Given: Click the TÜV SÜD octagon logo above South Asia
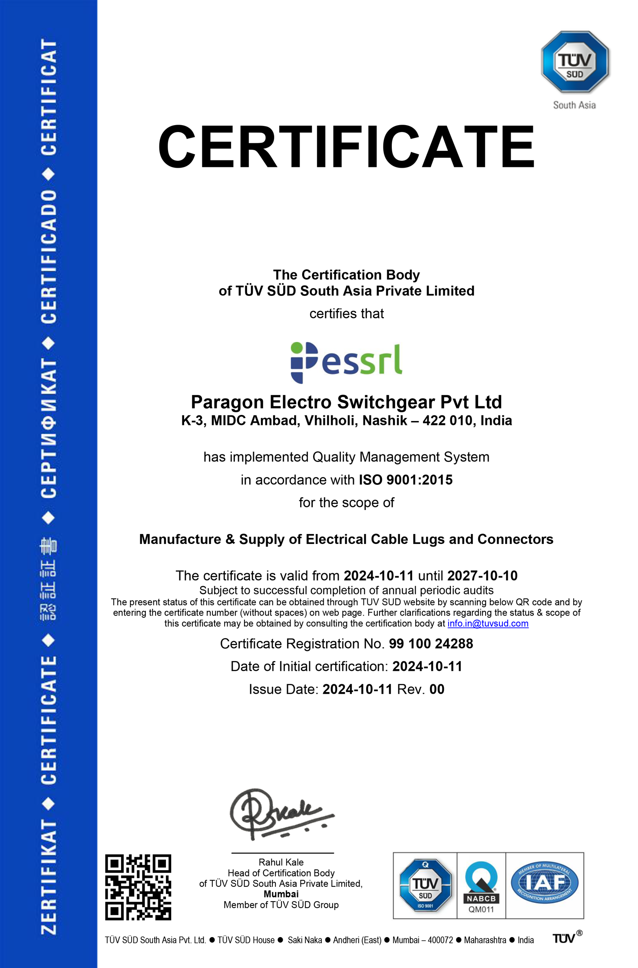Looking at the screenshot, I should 575,62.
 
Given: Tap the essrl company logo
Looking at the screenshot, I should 346,362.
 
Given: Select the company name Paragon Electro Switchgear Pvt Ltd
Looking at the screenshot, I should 346,402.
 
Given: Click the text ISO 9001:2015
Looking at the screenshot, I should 406,480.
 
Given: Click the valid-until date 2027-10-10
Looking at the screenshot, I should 482,576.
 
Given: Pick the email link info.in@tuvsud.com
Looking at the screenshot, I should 488,623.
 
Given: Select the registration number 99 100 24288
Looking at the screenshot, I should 431,643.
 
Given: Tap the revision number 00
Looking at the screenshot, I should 436,689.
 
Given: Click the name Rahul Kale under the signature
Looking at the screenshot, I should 281,862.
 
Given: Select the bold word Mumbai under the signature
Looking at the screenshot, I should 281,894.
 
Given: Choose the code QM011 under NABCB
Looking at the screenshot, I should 481,909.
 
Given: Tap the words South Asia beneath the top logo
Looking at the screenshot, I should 574,105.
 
